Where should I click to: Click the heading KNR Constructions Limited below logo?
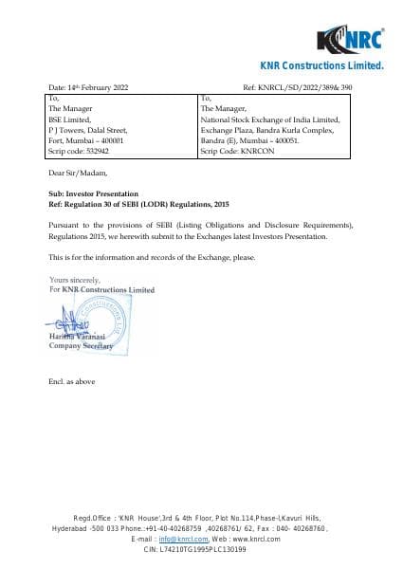tap(321, 65)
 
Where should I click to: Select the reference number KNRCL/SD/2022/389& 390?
tap(311, 87)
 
